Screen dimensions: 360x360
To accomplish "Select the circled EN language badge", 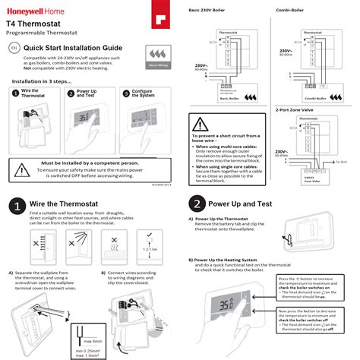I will pyautogui.click(x=13, y=47).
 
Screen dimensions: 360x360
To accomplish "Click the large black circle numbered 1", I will pyautogui.click(x=15, y=205).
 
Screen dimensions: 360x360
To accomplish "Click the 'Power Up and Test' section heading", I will pyautogui.click(x=250, y=204).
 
